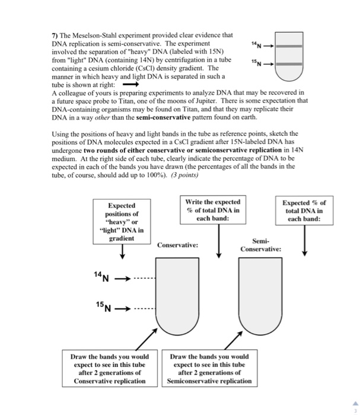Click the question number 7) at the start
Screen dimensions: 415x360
56,36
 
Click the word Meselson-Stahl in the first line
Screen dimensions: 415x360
95,36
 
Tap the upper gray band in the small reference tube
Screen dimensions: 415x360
289,46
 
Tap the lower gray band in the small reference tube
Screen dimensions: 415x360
289,63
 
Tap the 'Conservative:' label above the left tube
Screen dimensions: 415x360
178,245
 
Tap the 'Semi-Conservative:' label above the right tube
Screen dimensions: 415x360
260,245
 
